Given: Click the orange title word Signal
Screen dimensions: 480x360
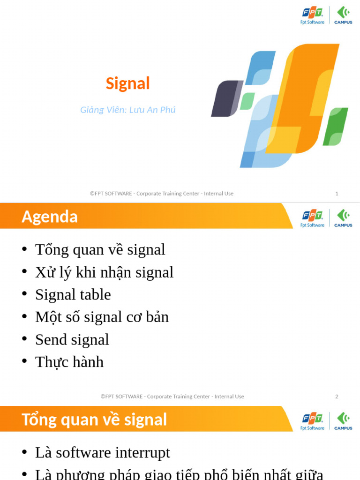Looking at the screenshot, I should [127, 83].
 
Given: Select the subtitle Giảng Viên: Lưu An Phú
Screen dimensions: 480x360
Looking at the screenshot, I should [127, 110].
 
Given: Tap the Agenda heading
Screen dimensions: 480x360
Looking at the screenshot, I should [50, 217].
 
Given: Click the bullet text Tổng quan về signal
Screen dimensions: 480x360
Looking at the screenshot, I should [100, 249].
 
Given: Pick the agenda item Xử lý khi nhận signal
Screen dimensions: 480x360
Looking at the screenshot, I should [104, 272].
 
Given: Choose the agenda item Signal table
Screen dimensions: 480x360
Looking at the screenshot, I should [73, 294].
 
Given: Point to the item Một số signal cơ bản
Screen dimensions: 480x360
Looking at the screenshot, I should [102, 317].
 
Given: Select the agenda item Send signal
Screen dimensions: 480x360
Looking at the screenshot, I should [72, 339].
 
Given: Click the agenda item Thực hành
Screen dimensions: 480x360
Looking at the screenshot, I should [69, 362].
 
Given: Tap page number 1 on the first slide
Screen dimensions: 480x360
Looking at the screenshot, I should [337, 194].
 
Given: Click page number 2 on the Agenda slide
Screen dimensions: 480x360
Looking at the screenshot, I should [337, 397].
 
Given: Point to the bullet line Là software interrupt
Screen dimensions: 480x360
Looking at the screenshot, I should [102, 452].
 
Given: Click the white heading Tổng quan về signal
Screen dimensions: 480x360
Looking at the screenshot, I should [94, 420].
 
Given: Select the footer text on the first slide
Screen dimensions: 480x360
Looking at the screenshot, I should [162, 194].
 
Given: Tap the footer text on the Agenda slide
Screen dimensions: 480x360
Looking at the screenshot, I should [172, 397].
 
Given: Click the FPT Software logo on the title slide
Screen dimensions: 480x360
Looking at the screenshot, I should [312, 15].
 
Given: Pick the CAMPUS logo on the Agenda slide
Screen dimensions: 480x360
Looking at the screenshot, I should [343, 218].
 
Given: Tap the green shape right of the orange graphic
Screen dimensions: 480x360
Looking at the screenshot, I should [336, 126].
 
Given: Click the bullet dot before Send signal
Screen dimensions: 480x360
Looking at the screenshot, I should [24, 339].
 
